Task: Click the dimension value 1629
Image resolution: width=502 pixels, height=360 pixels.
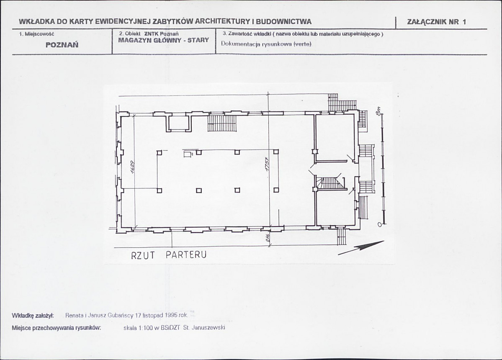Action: [133, 167]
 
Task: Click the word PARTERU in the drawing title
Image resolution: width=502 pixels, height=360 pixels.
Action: [186, 255]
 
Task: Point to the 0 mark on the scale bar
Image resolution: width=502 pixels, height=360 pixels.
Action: [379, 224]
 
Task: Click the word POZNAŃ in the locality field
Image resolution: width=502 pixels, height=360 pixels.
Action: [62, 45]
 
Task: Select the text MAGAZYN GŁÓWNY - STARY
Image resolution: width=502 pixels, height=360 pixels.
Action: [164, 40]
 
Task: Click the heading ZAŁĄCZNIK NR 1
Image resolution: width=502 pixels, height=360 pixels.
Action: [436, 22]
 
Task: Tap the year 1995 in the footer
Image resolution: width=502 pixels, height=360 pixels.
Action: [172, 315]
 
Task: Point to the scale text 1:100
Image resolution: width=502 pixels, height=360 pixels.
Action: [142, 328]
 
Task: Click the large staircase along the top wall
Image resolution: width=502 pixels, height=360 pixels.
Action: [222, 123]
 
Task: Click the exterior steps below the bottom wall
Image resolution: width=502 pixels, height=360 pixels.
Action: [342, 237]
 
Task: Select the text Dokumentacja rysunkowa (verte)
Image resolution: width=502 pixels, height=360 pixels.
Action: [266, 44]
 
